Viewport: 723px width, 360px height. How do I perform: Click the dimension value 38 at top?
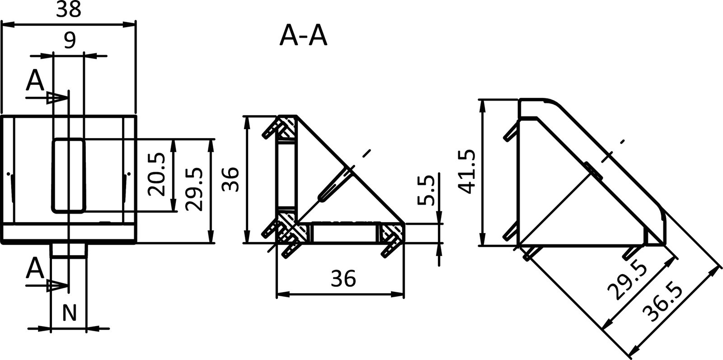pyautogui.click(x=69, y=9)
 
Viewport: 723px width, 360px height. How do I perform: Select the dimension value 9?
pyautogui.click(x=69, y=41)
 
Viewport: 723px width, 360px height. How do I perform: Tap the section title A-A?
pyautogui.click(x=303, y=36)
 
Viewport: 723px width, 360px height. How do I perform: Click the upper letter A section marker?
pyautogui.click(x=35, y=81)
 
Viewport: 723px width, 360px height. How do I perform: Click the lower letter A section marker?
pyautogui.click(x=35, y=270)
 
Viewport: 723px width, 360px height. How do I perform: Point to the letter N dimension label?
pyautogui.click(x=68, y=313)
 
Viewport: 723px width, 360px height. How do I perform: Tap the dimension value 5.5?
pyautogui.click(x=425, y=190)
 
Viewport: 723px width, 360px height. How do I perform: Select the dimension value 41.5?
pyautogui.click(x=466, y=172)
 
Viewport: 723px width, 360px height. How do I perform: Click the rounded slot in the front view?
pyautogui.click(x=69, y=175)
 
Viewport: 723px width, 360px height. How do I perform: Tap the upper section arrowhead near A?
pyautogui.click(x=54, y=97)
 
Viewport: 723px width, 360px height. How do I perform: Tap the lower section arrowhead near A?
pyautogui.click(x=54, y=285)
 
